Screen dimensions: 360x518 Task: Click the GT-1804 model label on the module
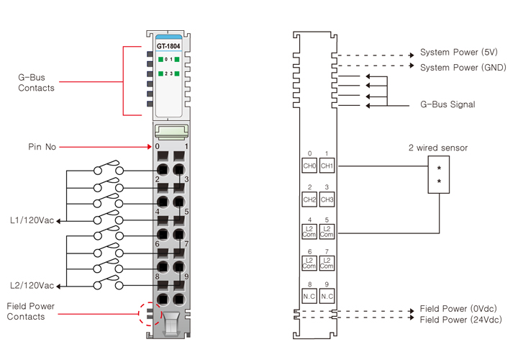(x=168, y=47)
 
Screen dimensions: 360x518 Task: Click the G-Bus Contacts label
(x=36, y=82)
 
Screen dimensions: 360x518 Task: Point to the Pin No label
(x=42, y=147)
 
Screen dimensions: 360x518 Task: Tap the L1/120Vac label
(x=32, y=220)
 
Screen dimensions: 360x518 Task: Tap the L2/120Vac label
(x=32, y=286)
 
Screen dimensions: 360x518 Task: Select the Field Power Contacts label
(x=30, y=311)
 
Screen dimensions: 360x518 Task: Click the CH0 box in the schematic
(x=309, y=166)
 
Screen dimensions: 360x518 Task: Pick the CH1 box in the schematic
(x=327, y=166)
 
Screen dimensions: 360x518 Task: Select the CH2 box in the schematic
(x=309, y=199)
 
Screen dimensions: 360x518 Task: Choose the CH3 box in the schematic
(x=327, y=199)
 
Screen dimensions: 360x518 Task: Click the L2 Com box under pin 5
(x=327, y=232)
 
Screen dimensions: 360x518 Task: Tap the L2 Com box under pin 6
(x=309, y=263)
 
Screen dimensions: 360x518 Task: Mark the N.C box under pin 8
(x=309, y=295)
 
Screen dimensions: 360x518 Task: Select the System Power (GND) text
(x=463, y=67)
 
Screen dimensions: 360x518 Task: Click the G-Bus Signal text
(x=447, y=104)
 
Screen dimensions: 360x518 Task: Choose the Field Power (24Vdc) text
(x=461, y=320)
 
